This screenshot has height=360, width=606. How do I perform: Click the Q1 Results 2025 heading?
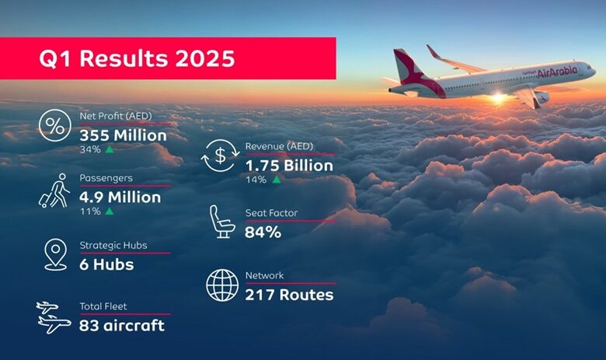137,58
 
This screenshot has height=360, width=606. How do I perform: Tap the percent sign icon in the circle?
55,125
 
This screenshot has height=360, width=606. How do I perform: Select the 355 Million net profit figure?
124,135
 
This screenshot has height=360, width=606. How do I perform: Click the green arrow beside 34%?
110,149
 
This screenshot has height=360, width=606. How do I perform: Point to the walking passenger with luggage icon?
55,190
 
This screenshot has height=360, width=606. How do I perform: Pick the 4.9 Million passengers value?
120,197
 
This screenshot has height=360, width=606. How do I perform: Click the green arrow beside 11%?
110,211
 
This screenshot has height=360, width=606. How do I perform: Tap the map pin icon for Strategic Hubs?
56,254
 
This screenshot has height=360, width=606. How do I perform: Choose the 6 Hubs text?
106,264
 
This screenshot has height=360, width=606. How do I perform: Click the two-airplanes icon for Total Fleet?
54,317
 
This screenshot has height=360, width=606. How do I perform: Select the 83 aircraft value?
122,326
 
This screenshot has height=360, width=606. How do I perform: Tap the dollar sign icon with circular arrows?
221,156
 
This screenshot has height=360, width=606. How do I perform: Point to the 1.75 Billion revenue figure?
289,166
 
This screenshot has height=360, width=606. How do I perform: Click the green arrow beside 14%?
277,180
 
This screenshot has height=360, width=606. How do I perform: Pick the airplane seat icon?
222,222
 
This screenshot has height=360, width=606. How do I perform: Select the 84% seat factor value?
263,232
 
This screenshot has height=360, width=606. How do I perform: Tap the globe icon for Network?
222,285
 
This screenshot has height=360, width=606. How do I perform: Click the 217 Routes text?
289,295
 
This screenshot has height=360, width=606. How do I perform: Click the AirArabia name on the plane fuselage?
557,72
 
